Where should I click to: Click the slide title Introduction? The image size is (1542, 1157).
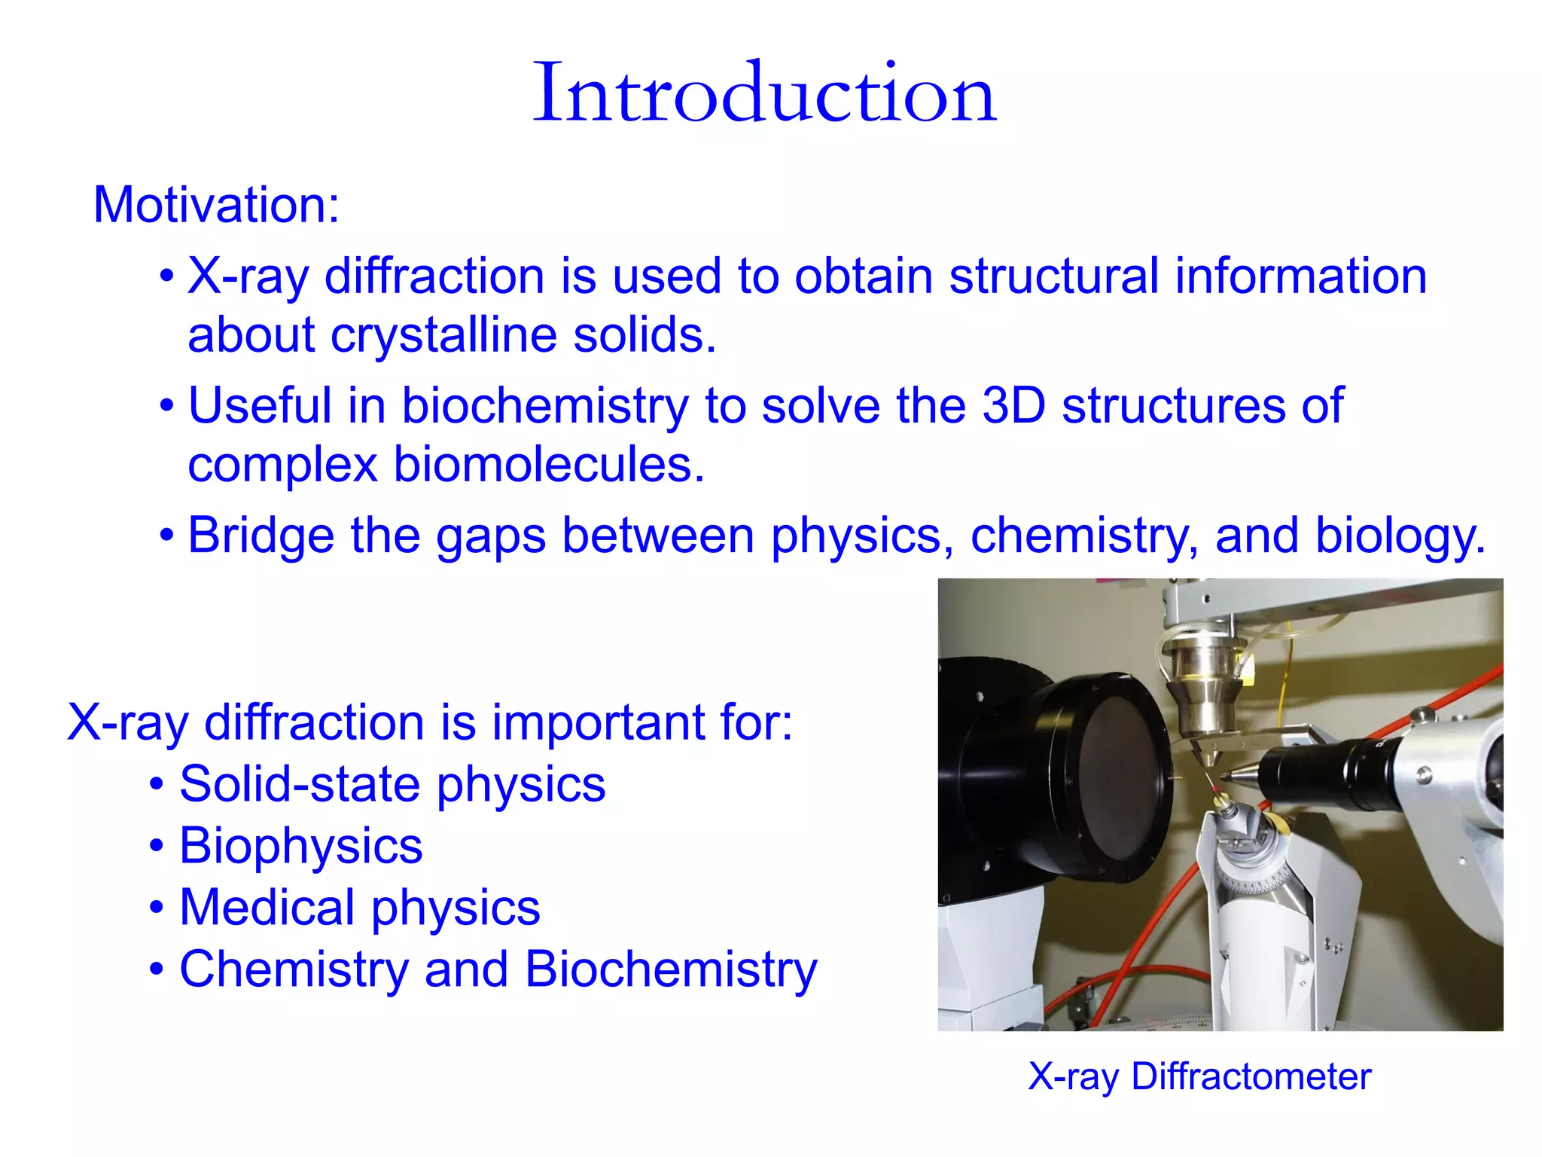[764, 94]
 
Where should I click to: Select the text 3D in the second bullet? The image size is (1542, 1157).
[1013, 406]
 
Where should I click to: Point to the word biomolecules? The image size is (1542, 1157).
[547, 465]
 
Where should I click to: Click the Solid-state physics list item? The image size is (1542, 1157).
[392, 785]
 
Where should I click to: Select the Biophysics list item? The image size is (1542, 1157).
[300, 846]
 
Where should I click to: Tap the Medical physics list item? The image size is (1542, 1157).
[359, 908]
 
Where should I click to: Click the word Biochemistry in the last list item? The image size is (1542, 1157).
[670, 969]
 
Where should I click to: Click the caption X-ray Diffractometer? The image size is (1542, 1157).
[1199, 1076]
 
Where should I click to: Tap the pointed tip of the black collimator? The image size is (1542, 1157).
[1226, 777]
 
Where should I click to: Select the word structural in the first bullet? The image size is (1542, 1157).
[1053, 276]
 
